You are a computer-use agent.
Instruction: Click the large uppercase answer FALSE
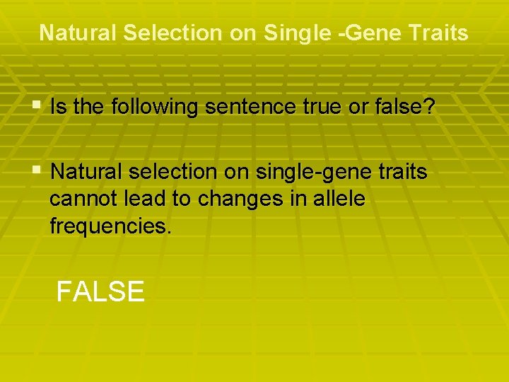pos(100,291)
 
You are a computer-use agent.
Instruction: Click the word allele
pos(337,199)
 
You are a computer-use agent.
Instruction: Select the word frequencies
pos(110,227)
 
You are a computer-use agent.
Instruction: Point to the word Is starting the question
pos(59,108)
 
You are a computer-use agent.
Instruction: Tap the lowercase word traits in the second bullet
pos(403,172)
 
